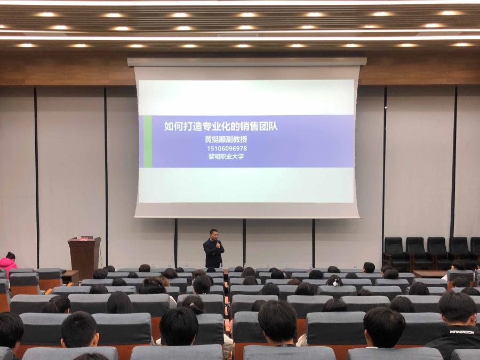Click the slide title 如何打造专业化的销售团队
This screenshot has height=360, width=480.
tap(221, 126)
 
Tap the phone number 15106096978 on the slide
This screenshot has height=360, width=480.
tap(227, 148)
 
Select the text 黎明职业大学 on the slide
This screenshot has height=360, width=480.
tap(226, 156)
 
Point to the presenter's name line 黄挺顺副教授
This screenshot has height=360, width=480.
tap(226, 139)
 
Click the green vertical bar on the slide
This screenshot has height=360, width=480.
tap(148, 141)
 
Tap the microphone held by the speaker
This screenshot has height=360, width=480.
tap(218, 243)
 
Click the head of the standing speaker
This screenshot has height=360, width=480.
tap(214, 235)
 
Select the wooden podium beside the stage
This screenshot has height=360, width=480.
tap(84, 257)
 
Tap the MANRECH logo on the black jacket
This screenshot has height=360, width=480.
tap(462, 332)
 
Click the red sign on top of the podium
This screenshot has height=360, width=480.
tap(83, 238)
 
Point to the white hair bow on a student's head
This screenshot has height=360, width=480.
tap(336, 282)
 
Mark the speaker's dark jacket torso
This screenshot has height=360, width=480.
tap(214, 253)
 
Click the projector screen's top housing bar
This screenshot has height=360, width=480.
tap(247, 62)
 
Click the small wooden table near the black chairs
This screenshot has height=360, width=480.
tap(430, 274)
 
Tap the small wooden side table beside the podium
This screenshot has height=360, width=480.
tap(70, 277)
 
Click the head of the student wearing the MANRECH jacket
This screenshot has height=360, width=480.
tap(458, 308)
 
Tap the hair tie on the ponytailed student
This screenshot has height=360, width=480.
tap(193, 305)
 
